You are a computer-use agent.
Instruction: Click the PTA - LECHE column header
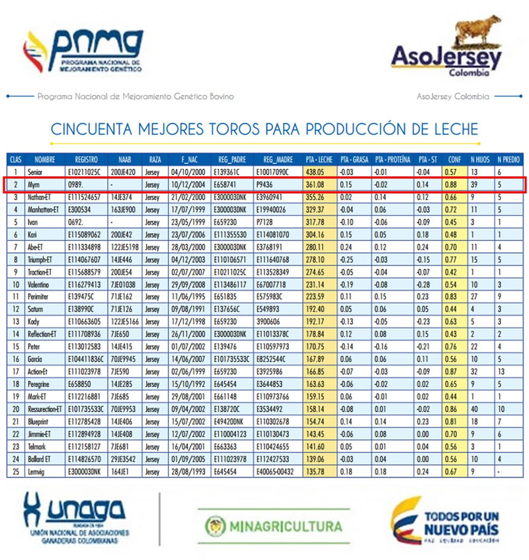pyautogui.click(x=319, y=160)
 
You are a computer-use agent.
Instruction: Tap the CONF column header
pyautogui.click(x=454, y=160)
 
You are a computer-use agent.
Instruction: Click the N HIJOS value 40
pyautogui.click(x=475, y=408)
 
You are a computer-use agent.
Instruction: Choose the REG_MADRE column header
pyautogui.click(x=278, y=160)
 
